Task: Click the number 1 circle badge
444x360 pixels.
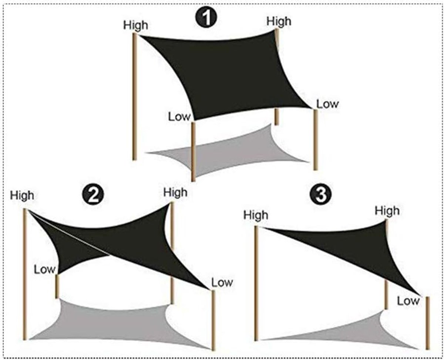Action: pos(206,17)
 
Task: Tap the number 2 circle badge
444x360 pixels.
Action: pos(93,195)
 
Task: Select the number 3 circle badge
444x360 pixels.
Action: pos(320,195)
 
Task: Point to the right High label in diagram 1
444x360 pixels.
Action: pos(279,22)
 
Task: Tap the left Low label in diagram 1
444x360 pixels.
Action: pos(179,117)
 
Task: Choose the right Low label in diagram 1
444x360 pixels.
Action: pos(327,104)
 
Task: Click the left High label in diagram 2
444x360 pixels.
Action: pos(22,196)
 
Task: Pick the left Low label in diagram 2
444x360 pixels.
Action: pos(45,270)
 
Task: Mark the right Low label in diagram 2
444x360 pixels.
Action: pos(222,283)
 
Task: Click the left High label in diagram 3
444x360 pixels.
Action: pos(256,215)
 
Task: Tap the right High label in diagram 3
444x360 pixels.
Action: pos(387,211)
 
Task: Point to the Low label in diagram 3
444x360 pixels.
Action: pos(408,301)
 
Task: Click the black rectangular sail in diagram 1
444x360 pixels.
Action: pos(229,75)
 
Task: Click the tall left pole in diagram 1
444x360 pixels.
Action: pos(135,96)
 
